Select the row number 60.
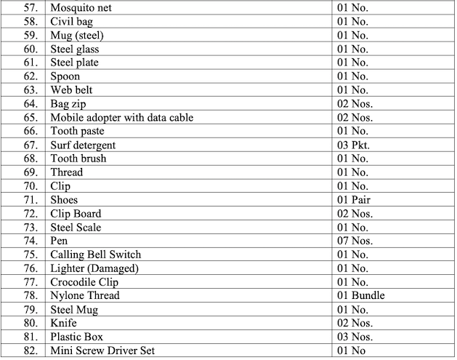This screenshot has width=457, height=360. [30, 49]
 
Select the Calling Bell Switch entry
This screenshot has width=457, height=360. [95, 255]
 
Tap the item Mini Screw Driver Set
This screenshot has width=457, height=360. [102, 351]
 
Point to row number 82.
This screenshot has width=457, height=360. [30, 351]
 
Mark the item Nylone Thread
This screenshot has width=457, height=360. [84, 296]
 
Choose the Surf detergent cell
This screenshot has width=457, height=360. [83, 145]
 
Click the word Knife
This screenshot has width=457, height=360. [63, 323]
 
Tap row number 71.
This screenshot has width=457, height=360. [30, 200]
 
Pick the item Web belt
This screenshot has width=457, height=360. [71, 90]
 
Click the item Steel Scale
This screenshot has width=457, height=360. [76, 228]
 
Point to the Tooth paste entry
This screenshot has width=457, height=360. [77, 132]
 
